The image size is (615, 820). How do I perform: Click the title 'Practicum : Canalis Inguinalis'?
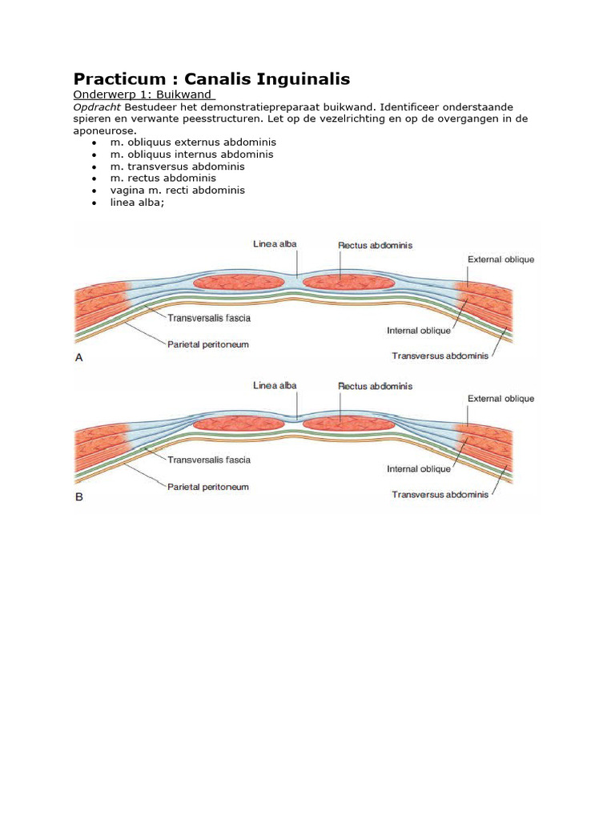[x=211, y=78]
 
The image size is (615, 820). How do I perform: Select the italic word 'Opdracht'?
[x=97, y=107]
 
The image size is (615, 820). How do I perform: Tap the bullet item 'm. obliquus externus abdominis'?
[x=193, y=142]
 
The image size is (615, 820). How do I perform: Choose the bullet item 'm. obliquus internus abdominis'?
[x=192, y=154]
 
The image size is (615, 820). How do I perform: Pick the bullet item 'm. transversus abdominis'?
[x=178, y=166]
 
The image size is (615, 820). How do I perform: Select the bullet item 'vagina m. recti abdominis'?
[x=178, y=190]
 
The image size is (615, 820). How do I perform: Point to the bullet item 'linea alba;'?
[x=137, y=202]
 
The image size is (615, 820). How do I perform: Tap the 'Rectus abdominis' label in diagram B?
[x=375, y=386]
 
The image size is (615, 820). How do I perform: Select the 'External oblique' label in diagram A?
[x=500, y=259]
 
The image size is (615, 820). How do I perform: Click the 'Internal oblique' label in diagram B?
[x=419, y=469]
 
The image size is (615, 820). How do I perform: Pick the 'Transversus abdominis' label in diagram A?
[x=440, y=356]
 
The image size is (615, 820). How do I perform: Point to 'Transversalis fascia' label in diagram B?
[x=209, y=460]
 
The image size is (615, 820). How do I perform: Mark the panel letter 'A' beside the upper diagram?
[x=79, y=359]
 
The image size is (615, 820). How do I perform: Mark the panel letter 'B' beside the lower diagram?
[x=79, y=496]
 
